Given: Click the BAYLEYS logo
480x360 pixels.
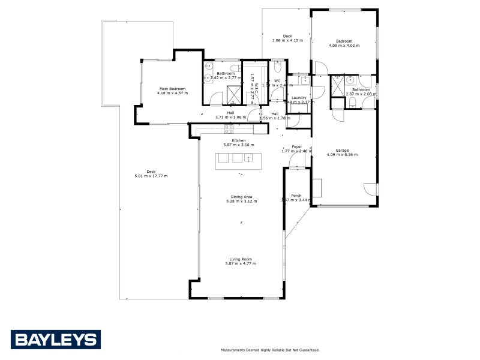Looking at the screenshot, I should pyautogui.click(x=55, y=340).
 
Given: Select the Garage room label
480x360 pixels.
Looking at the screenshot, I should pyautogui.click(x=342, y=150).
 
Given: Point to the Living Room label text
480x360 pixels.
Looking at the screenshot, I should pyautogui.click(x=240, y=259).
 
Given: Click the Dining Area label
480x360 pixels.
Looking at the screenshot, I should pyautogui.click(x=242, y=197).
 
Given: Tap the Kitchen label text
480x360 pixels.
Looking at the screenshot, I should pyautogui.click(x=239, y=140).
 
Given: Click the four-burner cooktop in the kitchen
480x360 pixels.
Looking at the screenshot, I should pyautogui.click(x=229, y=128).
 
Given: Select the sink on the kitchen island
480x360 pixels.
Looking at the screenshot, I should pyautogui.click(x=248, y=158).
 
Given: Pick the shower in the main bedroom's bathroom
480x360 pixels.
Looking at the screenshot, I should pyautogui.click(x=232, y=94).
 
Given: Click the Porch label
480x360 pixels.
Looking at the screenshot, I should pyautogui.click(x=296, y=196).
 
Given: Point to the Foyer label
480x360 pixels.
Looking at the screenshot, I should pyautogui.click(x=296, y=146).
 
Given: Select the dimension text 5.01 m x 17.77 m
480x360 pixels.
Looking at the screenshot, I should pyautogui.click(x=151, y=176).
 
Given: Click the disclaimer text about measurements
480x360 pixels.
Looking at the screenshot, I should pyautogui.click(x=270, y=350).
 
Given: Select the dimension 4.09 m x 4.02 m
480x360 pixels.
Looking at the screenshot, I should pyautogui.click(x=344, y=45).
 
